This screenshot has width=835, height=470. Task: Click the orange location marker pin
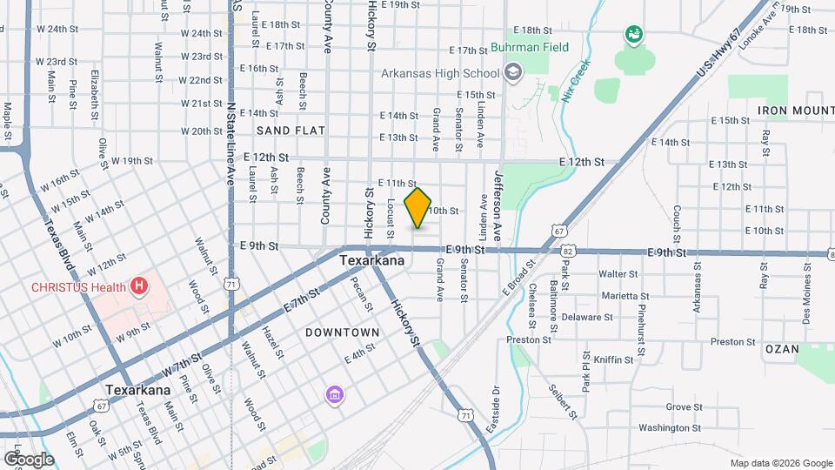[418, 208]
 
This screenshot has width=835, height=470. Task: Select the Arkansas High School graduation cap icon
[513, 72]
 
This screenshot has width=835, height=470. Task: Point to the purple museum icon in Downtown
[334, 396]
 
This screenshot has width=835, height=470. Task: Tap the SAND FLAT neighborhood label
[291, 131]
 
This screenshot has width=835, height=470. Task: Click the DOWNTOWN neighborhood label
[343, 332]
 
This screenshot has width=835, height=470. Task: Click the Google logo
[29, 459]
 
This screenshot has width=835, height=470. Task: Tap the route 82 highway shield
[567, 251]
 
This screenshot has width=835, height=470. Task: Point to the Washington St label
[670, 427]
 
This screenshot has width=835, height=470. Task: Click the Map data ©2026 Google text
[780, 462]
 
